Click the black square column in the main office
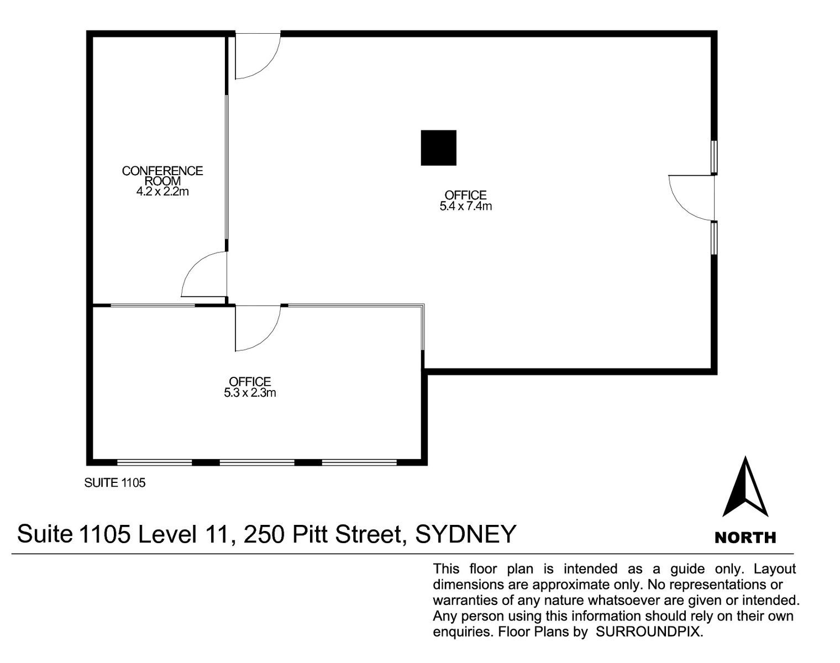(x=438, y=148)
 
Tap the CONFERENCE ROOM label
(x=162, y=176)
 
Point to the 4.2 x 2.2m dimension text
(x=162, y=192)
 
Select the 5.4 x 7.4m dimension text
(x=466, y=206)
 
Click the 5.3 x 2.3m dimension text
(x=250, y=393)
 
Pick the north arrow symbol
(x=745, y=487)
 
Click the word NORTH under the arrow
(x=745, y=538)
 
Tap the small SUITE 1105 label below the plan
(x=115, y=483)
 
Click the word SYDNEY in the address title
(x=466, y=534)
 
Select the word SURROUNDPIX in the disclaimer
(x=649, y=632)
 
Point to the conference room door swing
(x=204, y=274)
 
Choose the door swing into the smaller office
(x=258, y=329)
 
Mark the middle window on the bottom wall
(x=257, y=462)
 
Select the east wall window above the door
(x=714, y=157)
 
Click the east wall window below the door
(x=714, y=238)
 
